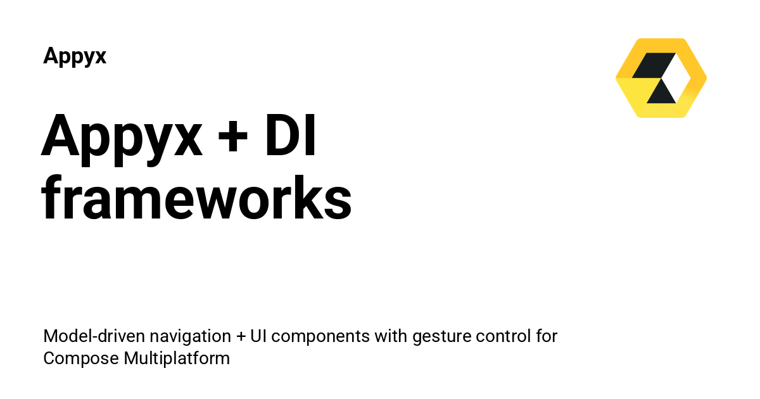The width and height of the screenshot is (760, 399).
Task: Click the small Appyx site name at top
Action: point(75,56)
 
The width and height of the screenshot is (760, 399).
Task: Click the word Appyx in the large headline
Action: point(122,140)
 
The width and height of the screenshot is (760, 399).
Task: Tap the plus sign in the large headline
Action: point(233,137)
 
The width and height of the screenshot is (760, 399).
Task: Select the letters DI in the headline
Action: point(291,135)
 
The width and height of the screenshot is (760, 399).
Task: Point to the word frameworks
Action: point(196,198)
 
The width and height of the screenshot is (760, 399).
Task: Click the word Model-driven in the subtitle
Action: point(94,336)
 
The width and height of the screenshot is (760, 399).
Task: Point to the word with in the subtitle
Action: point(391,336)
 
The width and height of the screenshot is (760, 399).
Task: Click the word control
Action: point(503,336)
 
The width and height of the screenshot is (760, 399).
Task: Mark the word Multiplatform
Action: point(177,358)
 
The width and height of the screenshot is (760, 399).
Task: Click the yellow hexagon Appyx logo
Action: point(661,78)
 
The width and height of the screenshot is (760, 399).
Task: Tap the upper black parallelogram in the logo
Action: point(653,65)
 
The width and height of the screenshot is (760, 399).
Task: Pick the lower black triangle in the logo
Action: point(661,92)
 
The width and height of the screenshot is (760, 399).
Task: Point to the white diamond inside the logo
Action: point(677,78)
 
